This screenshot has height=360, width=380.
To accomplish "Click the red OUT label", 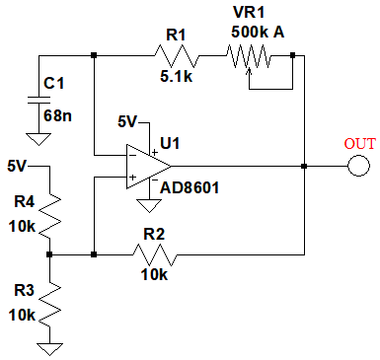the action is (359, 144).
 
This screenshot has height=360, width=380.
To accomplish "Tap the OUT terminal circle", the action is (358, 166).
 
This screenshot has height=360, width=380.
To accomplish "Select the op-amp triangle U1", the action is (148, 167).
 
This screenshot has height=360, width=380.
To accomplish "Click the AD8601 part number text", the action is (190, 187).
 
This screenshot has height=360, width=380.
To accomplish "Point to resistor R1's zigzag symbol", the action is (177, 56).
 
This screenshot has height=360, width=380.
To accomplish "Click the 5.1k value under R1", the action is (176, 77).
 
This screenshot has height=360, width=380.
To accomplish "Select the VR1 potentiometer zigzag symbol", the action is (249, 56).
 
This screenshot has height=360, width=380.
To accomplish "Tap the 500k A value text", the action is (258, 33).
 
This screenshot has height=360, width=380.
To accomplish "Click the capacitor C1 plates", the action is (38, 100).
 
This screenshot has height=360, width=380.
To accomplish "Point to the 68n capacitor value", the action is (57, 115).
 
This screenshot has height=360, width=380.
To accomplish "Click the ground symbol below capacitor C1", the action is (38, 139).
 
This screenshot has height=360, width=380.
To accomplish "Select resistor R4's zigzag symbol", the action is (50, 216).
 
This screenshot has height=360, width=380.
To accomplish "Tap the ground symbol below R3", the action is (49, 349).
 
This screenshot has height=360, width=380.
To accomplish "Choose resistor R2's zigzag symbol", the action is (155, 254).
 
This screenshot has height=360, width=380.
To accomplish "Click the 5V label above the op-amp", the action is (127, 122).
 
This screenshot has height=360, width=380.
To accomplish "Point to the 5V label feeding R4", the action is (17, 166).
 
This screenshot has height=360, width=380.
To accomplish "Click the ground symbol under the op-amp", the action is (149, 206).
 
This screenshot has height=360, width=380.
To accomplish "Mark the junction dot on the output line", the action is (304, 167).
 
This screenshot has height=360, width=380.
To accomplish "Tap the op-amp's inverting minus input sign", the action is (132, 155).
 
